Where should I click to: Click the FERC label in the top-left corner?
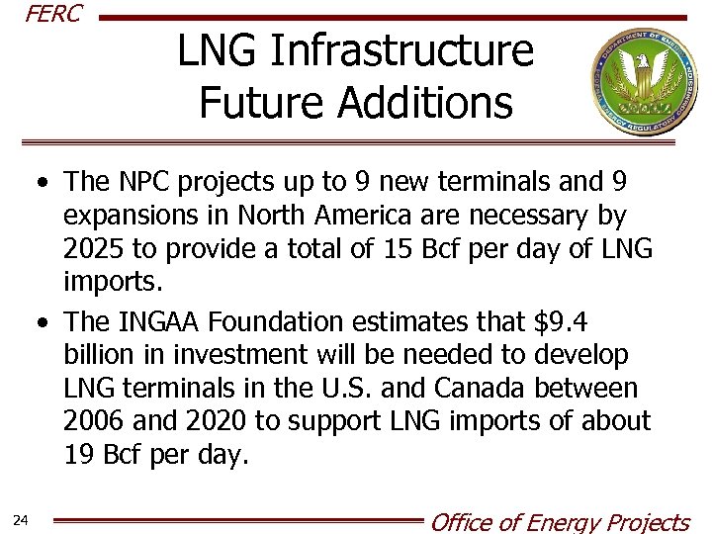(53, 14)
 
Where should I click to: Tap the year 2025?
(95, 250)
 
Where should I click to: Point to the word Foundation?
(301, 322)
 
